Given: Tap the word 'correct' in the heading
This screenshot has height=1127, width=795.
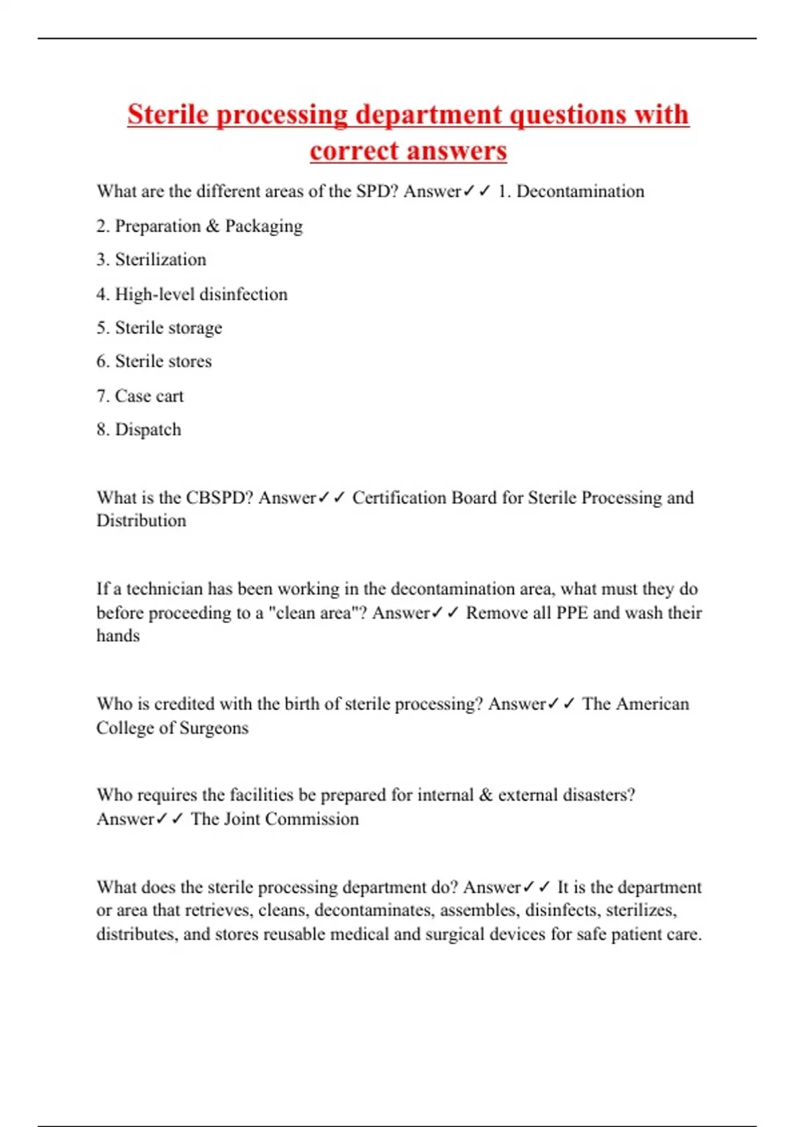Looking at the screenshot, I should (x=348, y=151).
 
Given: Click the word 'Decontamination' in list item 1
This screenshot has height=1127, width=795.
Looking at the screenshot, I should (x=580, y=192).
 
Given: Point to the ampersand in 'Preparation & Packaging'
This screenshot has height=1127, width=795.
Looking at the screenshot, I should (x=213, y=226).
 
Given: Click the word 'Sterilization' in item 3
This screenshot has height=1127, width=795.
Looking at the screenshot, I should (x=160, y=260).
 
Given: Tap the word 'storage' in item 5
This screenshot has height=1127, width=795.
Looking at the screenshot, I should (x=195, y=328).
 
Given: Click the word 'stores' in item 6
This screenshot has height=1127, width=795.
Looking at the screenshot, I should (x=187, y=361).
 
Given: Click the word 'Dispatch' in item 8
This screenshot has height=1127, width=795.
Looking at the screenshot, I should (x=148, y=430).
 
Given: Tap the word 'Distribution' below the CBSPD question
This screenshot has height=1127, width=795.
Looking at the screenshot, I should (x=141, y=521).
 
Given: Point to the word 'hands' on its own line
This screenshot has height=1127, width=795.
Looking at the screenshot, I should (x=118, y=636).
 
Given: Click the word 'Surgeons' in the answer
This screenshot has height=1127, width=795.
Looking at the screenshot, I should (x=214, y=728).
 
